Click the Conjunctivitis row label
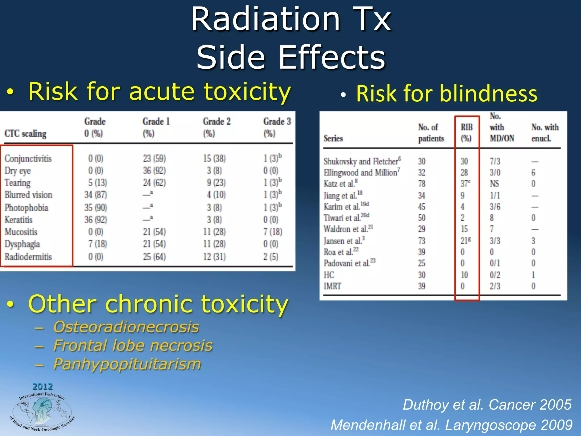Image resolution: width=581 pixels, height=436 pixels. [x=28, y=158]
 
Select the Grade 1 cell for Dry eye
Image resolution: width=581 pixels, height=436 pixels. [x=154, y=171]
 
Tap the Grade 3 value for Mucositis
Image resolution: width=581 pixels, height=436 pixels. [x=272, y=232]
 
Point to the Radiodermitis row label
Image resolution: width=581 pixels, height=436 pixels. [x=28, y=257]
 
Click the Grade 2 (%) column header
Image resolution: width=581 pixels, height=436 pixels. [x=216, y=127]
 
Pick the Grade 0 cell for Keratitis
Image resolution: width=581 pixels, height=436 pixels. [x=95, y=220]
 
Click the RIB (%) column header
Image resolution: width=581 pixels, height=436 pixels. [x=466, y=133]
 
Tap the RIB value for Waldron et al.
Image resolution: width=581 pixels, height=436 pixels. [x=464, y=229]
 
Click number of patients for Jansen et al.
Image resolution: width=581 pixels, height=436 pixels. [x=422, y=241]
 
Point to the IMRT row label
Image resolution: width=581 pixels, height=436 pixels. [x=332, y=286]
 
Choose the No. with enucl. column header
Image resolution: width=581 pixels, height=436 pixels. [x=545, y=133]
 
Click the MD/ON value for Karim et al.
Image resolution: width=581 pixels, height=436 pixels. [x=495, y=207]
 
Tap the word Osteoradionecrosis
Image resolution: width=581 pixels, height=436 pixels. [x=126, y=327]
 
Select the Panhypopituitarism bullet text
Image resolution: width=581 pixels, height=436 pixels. [x=127, y=364]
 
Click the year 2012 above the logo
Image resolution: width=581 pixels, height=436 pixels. [x=43, y=386]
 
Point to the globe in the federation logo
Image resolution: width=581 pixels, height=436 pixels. [x=42, y=412]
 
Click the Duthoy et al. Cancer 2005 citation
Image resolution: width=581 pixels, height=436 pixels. [x=487, y=405]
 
